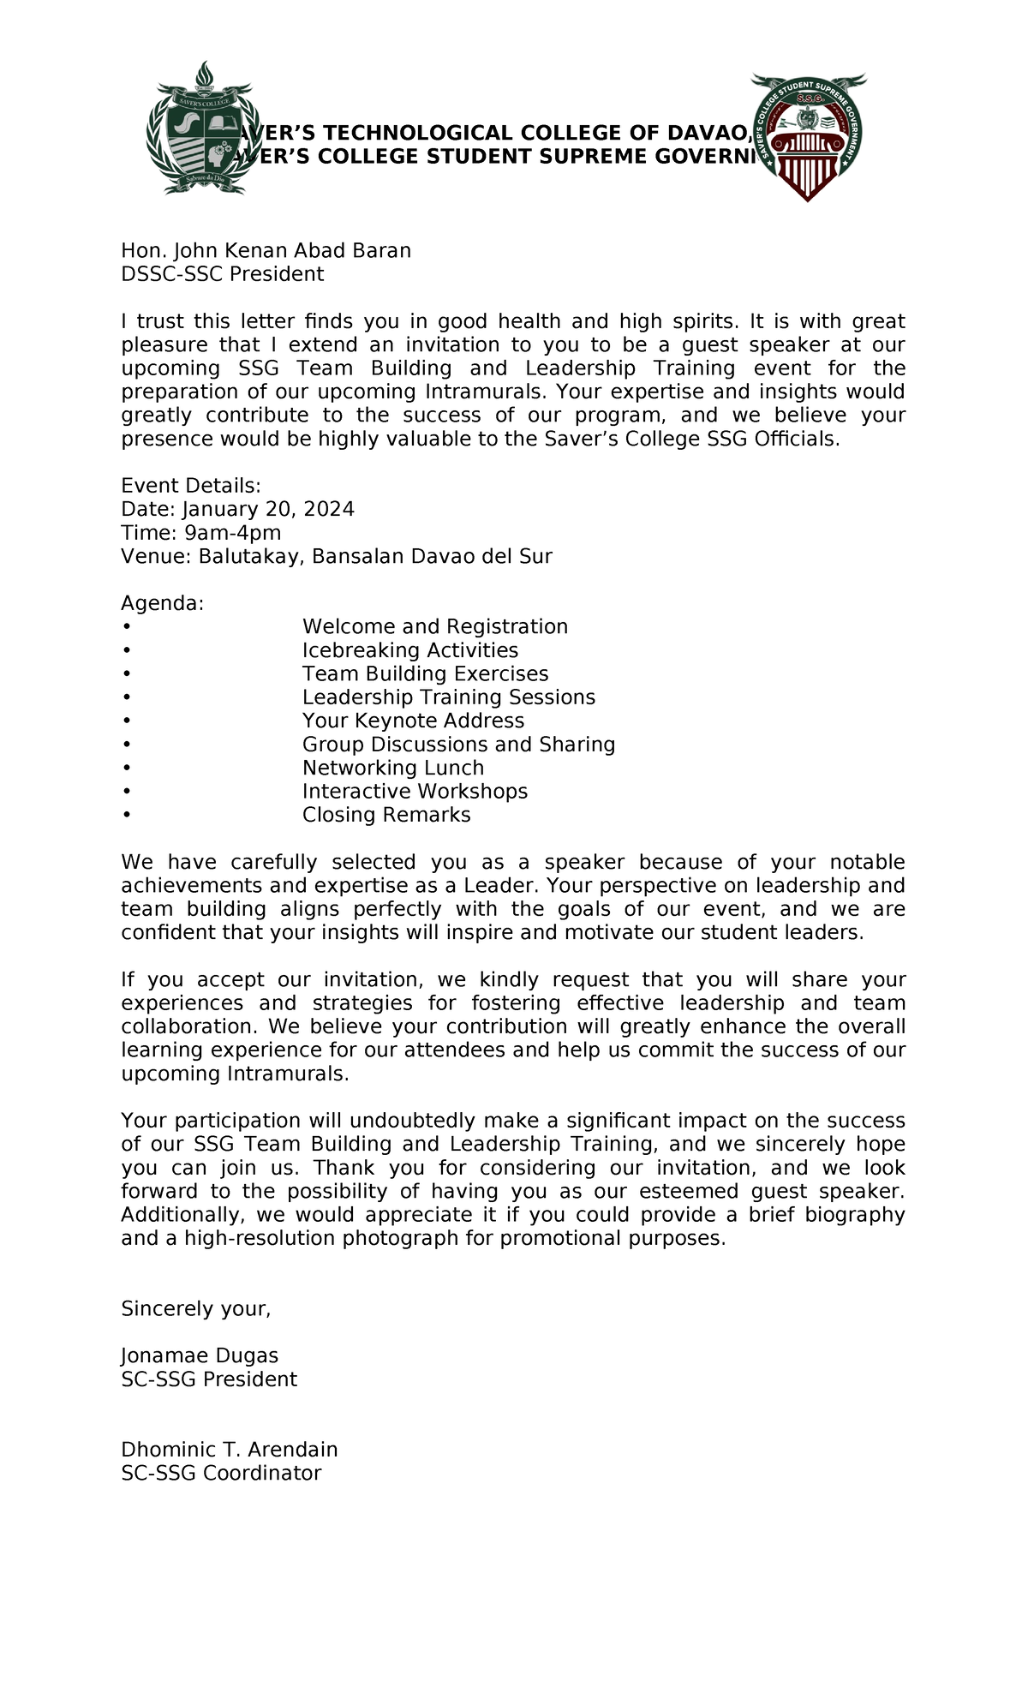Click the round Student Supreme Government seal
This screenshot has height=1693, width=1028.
[808, 135]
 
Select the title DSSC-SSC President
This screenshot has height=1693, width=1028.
[222, 274]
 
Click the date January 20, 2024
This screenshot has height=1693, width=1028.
[268, 509]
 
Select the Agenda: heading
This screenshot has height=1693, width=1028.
[163, 603]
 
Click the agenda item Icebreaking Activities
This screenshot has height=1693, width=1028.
[409, 650]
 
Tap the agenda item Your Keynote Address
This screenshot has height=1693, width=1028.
[413, 721]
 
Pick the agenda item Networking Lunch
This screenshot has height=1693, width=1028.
[392, 768]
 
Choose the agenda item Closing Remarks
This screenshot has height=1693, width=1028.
[385, 815]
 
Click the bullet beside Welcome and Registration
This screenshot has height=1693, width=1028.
[127, 627]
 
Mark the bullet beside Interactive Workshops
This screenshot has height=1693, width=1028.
[127, 792]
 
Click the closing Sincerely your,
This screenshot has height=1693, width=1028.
[196, 1308]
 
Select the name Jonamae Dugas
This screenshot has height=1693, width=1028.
[200, 1355]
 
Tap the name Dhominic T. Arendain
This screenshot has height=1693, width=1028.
[229, 1450]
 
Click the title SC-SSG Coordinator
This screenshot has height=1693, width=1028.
[221, 1473]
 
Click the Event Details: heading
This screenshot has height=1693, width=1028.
[190, 486]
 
